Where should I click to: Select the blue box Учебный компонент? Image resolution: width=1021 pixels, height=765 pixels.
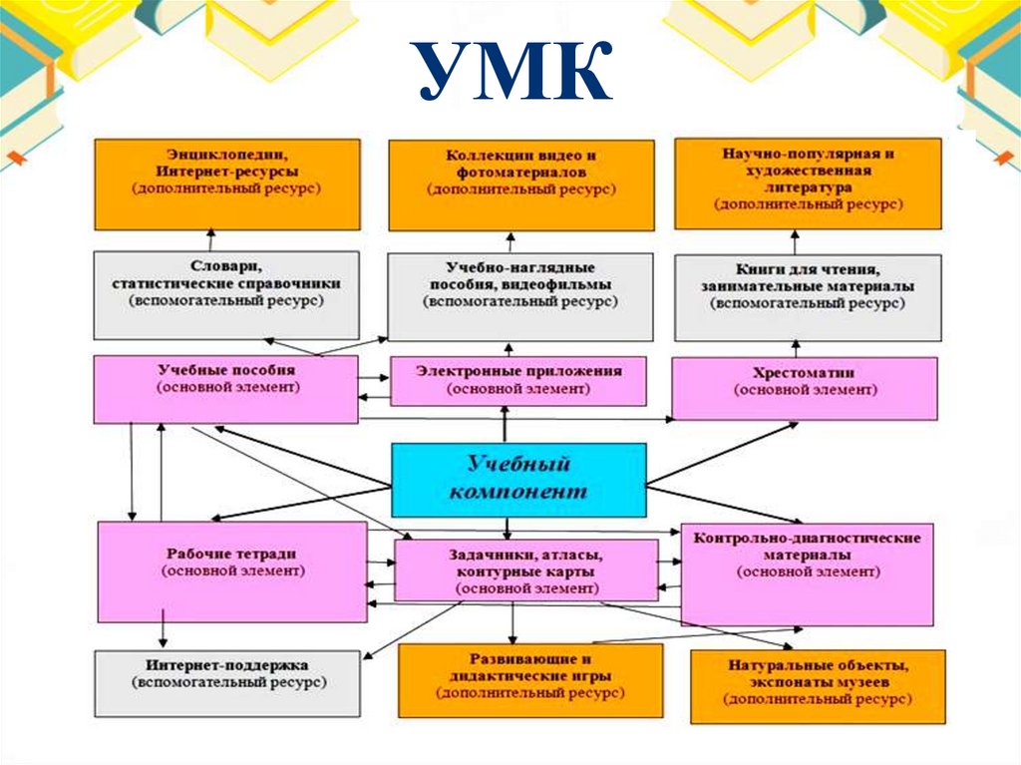518,479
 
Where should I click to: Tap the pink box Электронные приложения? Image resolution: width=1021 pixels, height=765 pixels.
518,382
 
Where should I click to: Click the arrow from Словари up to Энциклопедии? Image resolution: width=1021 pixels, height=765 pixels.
211,240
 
